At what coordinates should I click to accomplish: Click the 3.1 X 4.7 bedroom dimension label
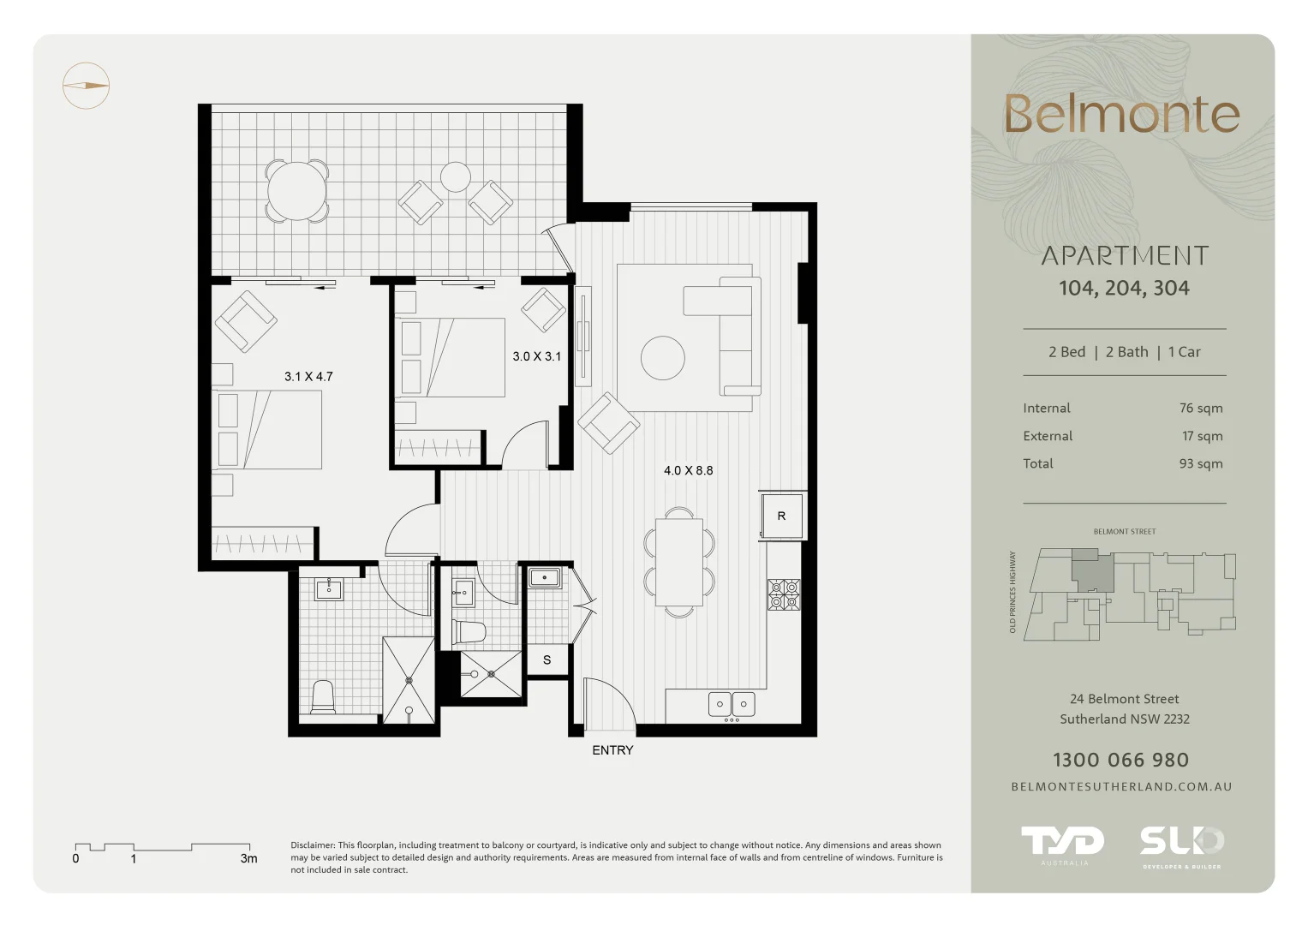pyautogui.click(x=308, y=377)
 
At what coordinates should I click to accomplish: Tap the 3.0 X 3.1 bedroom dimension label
pyautogui.click(x=536, y=356)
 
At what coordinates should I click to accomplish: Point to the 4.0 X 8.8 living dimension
pyautogui.click(x=689, y=471)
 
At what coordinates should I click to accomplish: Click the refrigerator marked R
pyautogui.click(x=782, y=516)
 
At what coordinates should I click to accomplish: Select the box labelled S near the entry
pyautogui.click(x=547, y=659)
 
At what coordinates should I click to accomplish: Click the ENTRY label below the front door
pyautogui.click(x=612, y=750)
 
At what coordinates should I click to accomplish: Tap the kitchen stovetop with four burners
pyautogui.click(x=784, y=594)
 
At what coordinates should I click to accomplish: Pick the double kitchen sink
pyautogui.click(x=732, y=704)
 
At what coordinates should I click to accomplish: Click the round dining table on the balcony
pyautogui.click(x=296, y=191)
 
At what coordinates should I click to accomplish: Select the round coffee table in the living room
pyautogui.click(x=663, y=358)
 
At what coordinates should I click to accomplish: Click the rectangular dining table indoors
pyautogui.click(x=679, y=563)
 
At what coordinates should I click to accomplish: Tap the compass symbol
pyautogui.click(x=86, y=86)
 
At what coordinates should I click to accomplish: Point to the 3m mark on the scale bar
pyautogui.click(x=248, y=858)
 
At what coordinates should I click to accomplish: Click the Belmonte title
pyautogui.click(x=1122, y=114)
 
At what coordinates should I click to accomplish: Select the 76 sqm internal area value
pyautogui.click(x=1201, y=409)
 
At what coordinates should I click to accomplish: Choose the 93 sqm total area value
pyautogui.click(x=1201, y=463)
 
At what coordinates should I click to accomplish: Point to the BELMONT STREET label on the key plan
pyautogui.click(x=1125, y=531)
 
